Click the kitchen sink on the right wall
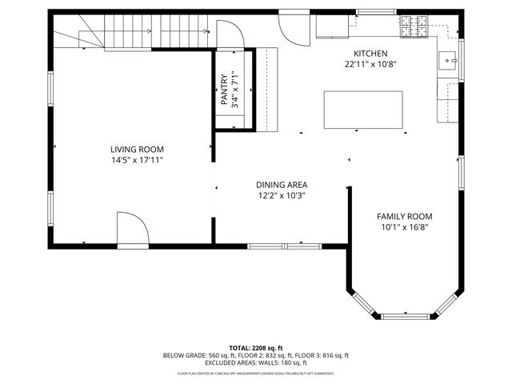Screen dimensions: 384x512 tap(448, 58)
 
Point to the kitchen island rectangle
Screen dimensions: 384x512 tap(362, 110)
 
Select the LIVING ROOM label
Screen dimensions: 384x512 tap(137, 149)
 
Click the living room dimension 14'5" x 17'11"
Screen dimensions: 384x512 tap(137, 160)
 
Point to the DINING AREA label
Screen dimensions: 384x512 tap(282, 184)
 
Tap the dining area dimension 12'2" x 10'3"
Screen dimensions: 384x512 tap(282, 195)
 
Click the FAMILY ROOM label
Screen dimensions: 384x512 tap(405, 216)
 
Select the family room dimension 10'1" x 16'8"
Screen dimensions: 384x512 tap(405, 227)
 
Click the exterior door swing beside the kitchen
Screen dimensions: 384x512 tap(293, 29)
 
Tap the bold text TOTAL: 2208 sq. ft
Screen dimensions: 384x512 tap(256, 348)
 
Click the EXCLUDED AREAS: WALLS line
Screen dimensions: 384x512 tap(256, 362)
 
